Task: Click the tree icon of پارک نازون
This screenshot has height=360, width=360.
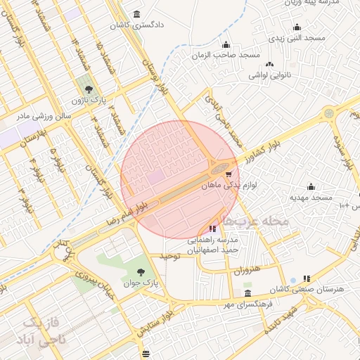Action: pyautogui.click(x=89, y=89)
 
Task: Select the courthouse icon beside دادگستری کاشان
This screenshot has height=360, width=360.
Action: pyautogui.click(x=136, y=14)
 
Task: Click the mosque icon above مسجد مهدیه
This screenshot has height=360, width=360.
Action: pyautogui.click(x=311, y=187)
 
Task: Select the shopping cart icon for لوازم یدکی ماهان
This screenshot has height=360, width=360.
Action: pyautogui.click(x=229, y=174)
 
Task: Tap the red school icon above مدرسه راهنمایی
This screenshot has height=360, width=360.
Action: pyautogui.click(x=213, y=229)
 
